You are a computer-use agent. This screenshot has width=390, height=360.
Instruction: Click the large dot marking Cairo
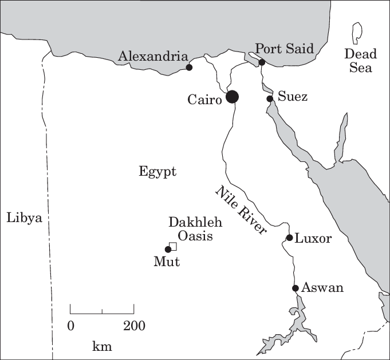coord(232,97)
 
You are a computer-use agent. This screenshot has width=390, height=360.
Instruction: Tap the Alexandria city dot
coord(190,68)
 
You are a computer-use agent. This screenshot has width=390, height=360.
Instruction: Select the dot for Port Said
coord(262,62)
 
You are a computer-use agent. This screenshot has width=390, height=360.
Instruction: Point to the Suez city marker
coord(270,99)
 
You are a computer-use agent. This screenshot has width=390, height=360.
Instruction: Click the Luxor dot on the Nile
coord(290,238)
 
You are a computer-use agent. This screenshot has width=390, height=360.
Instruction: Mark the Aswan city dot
coord(296,288)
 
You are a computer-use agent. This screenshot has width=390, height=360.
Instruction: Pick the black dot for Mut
coord(168,249)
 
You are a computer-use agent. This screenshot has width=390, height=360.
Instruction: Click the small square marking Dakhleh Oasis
coord(174,246)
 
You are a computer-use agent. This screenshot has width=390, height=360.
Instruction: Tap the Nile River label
coord(241,210)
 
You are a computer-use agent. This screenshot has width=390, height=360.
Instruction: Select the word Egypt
coord(157,172)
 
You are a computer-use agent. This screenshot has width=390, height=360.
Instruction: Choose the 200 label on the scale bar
coord(133,326)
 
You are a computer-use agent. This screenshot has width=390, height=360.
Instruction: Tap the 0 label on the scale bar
coord(71,326)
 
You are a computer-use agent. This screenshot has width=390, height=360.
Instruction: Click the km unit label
coord(102,346)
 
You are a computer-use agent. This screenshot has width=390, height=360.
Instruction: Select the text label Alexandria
coord(153,56)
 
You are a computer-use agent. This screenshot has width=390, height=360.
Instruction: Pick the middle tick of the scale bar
coord(102,311)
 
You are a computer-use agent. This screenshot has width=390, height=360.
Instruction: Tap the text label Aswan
coord(323,287)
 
